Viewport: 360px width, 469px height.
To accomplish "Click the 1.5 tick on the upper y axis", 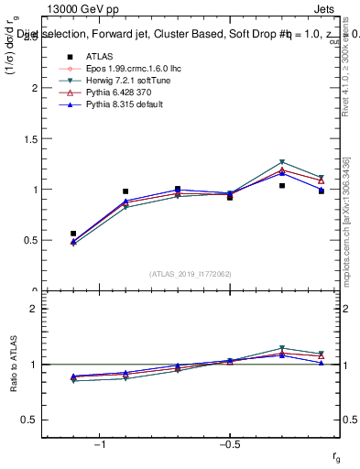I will pos(30,139).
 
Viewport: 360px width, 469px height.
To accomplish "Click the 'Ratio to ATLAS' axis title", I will pos(12,365).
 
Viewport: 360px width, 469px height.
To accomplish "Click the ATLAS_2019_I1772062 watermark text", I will pos(191,274).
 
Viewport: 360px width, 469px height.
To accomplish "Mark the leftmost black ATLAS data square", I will pos(73,234).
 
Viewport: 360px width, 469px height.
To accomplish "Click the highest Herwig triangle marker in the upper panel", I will pos(282,162).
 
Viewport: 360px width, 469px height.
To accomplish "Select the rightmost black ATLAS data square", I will pos(322,191).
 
